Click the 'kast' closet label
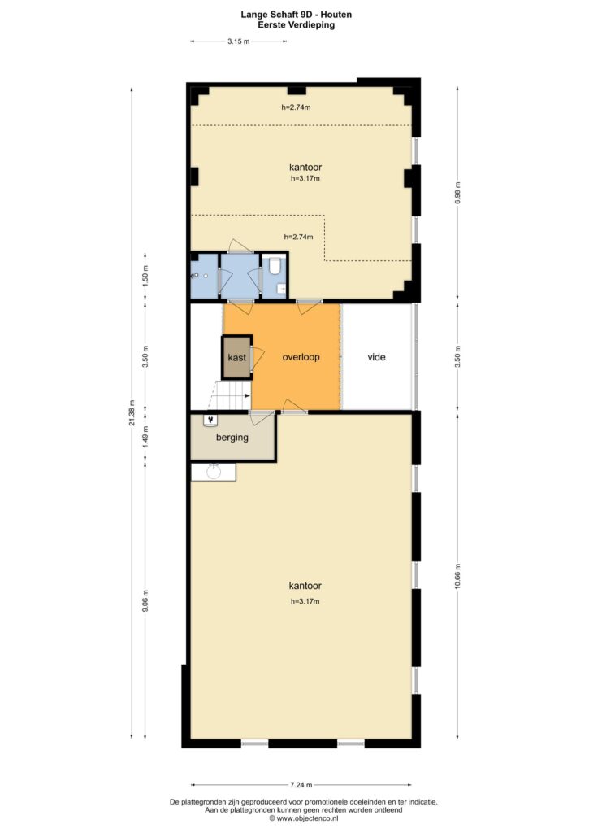pyautogui.click(x=236, y=358)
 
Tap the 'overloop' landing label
pyautogui.click(x=301, y=357)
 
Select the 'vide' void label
pyautogui.click(x=376, y=357)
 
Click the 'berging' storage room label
pyautogui.click(x=232, y=438)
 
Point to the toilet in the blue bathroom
pyautogui.click(x=275, y=264)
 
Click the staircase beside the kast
pyautogui.click(x=232, y=395)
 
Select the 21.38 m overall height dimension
pyautogui.click(x=132, y=412)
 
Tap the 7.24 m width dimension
pyautogui.click(x=301, y=784)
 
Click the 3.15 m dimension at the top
pyautogui.click(x=238, y=41)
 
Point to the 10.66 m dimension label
pyautogui.click(x=458, y=574)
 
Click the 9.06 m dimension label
pyautogui.click(x=145, y=600)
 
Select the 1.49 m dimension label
pyautogui.click(x=145, y=436)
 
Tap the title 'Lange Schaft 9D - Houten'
pyautogui.click(x=296, y=15)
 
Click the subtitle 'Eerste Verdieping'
pyautogui.click(x=296, y=24)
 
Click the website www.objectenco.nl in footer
pyautogui.click(x=307, y=818)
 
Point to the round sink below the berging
pyautogui.click(x=214, y=471)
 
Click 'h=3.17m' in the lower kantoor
pyautogui.click(x=305, y=601)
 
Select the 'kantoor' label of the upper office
pyautogui.click(x=305, y=168)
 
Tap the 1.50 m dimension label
pyautogui.click(x=145, y=276)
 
